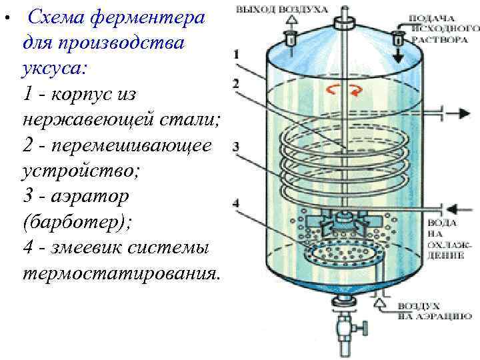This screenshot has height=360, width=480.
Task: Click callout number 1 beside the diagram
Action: pos(239,55)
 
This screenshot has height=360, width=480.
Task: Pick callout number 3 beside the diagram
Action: pos(237,146)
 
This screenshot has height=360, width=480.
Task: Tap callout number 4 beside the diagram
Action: pos(237,202)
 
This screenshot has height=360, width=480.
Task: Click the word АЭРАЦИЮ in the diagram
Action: pos(440,318)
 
